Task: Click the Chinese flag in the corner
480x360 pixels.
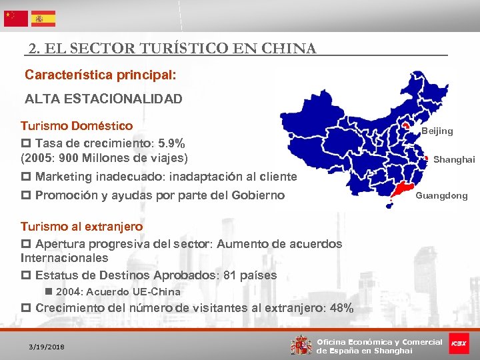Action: click(x=16, y=18)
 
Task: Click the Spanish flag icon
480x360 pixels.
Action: click(x=43, y=18)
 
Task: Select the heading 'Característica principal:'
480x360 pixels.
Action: click(x=100, y=75)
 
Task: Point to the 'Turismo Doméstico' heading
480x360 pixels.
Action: click(x=77, y=126)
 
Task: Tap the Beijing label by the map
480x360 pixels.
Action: click(x=437, y=131)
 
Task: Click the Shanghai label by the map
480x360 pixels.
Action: click(x=454, y=159)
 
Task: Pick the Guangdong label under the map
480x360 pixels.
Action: click(x=442, y=196)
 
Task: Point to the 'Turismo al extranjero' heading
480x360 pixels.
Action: click(x=81, y=227)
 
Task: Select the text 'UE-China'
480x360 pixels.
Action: click(x=159, y=292)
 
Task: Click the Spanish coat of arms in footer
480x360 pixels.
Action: click(x=301, y=345)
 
